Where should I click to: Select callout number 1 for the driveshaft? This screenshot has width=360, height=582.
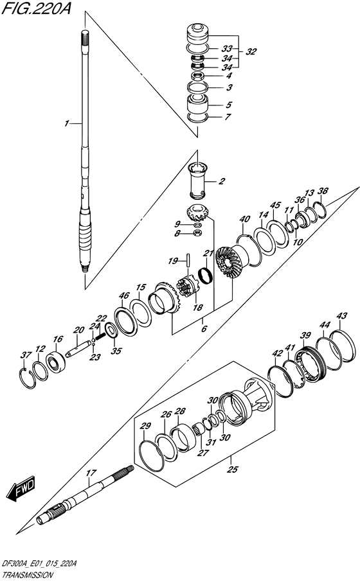coord(66,123)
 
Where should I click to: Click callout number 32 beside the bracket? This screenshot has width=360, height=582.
coord(251,51)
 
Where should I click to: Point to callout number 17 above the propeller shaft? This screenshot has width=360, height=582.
coord(91,473)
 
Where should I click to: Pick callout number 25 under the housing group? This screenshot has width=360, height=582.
coord(232,470)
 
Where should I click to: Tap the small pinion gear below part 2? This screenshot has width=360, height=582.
coord(198,214)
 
